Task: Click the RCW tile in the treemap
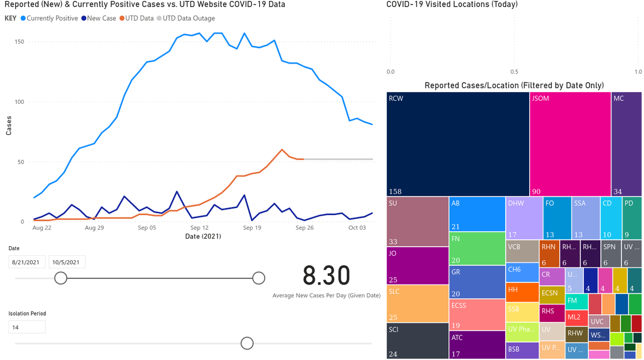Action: pyautogui.click(x=458, y=144)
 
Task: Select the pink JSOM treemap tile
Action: pyautogui.click(x=570, y=144)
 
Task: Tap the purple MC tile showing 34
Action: pyautogui.click(x=626, y=144)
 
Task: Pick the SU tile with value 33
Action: pyautogui.click(x=417, y=221)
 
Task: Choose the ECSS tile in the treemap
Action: pyautogui.click(x=477, y=314)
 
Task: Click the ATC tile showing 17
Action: pyautogui.click(x=477, y=344)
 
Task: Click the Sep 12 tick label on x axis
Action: pyautogui.click(x=199, y=228)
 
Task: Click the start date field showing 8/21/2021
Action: pyautogui.click(x=27, y=262)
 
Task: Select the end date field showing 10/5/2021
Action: pyautogui.click(x=67, y=262)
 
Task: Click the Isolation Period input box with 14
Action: pyautogui.click(x=27, y=327)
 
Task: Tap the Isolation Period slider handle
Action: pyautogui.click(x=247, y=343)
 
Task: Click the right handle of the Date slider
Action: pyautogui.click(x=259, y=278)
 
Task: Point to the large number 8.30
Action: pyautogui.click(x=326, y=275)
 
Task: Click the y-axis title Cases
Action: pyautogui.click(x=9, y=126)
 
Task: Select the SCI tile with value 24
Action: pyautogui.click(x=417, y=340)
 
